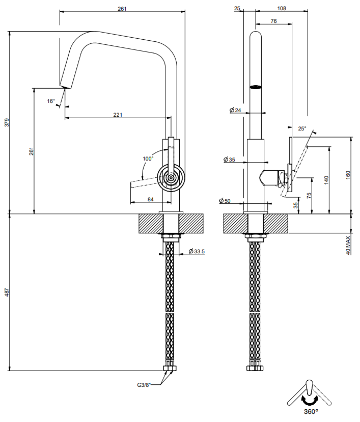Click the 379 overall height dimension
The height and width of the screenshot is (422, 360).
coord(7,122)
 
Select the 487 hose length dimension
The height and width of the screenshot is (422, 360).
coord(7,292)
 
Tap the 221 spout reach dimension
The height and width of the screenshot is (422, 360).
coord(118,115)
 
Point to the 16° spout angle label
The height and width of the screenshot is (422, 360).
coord(51,101)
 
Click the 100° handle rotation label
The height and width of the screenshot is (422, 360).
coord(148,159)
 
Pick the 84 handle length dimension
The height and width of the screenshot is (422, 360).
coord(151,199)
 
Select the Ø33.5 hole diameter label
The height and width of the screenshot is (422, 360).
coord(197,251)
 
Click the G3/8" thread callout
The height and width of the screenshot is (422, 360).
coord(144,385)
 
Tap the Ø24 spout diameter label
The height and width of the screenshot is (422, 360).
coord(236,110)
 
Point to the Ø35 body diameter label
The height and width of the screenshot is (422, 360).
coord(229,160)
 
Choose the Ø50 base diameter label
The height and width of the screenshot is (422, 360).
coord(225,201)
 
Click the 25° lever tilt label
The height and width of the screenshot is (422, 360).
coord(302,128)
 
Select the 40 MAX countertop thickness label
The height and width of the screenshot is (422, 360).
coord(348,245)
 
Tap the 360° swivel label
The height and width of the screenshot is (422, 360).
coord(311,412)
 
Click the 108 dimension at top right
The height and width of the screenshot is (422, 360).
coord(282,8)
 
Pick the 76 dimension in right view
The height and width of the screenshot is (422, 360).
coord(274,21)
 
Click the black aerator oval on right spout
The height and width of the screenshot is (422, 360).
coord(256,87)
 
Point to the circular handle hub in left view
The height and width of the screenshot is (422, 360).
coord(171,178)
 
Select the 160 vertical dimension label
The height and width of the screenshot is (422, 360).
coord(348,175)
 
